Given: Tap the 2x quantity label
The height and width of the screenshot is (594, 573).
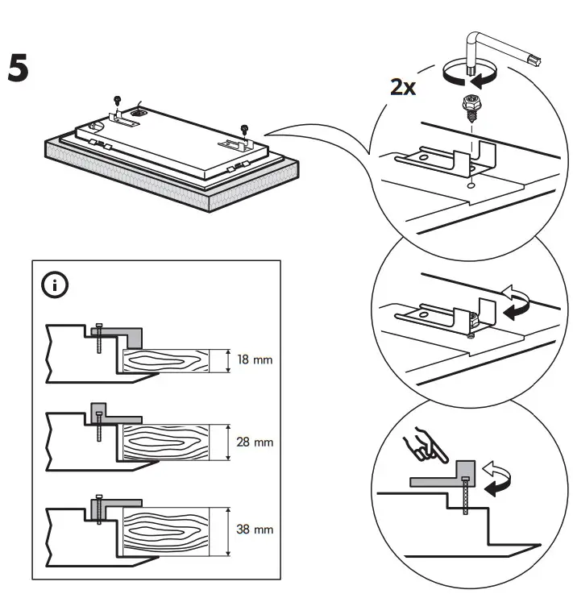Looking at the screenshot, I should coord(403,86).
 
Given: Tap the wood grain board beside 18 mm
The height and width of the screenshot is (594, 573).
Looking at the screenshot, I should coord(166,359).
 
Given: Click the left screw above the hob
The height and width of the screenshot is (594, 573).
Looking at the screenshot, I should coord(118,99).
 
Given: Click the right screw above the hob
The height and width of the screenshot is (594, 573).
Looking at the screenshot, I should coord(244,127).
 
